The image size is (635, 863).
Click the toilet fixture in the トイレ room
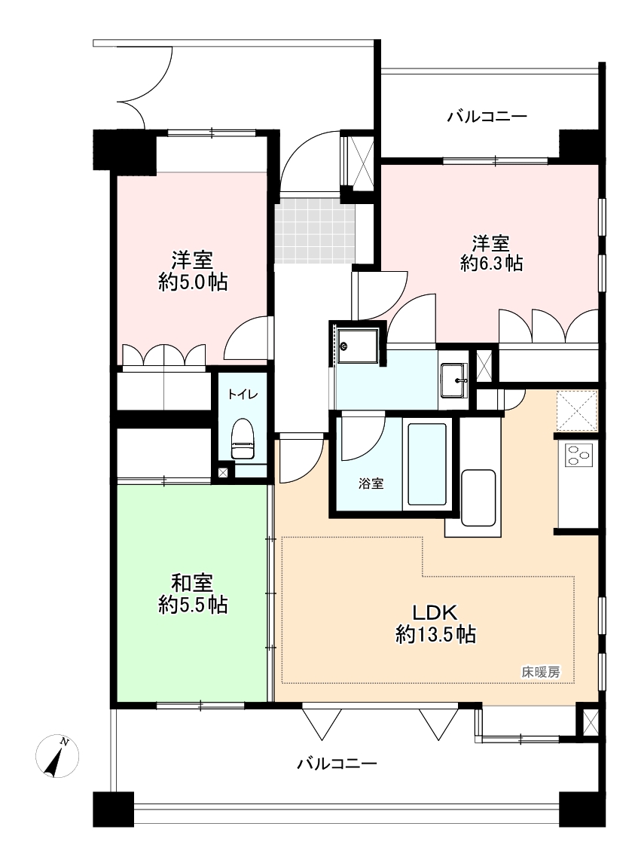243,438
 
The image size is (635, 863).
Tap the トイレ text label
243,395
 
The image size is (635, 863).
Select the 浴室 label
371,483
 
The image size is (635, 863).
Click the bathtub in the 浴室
426,463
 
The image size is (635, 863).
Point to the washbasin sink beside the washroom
453,380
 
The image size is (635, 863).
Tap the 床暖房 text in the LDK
541,672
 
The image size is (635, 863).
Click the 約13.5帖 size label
435,635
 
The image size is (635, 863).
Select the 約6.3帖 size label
491,264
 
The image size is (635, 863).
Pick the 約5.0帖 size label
193,282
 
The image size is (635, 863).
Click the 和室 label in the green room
191,582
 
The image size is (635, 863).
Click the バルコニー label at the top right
487,117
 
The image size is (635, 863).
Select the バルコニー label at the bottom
337,764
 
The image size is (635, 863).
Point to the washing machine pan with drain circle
358,346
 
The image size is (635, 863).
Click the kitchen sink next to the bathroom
478,498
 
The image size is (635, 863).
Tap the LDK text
435,612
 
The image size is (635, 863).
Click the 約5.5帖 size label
193,605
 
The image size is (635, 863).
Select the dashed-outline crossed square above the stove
576,410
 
